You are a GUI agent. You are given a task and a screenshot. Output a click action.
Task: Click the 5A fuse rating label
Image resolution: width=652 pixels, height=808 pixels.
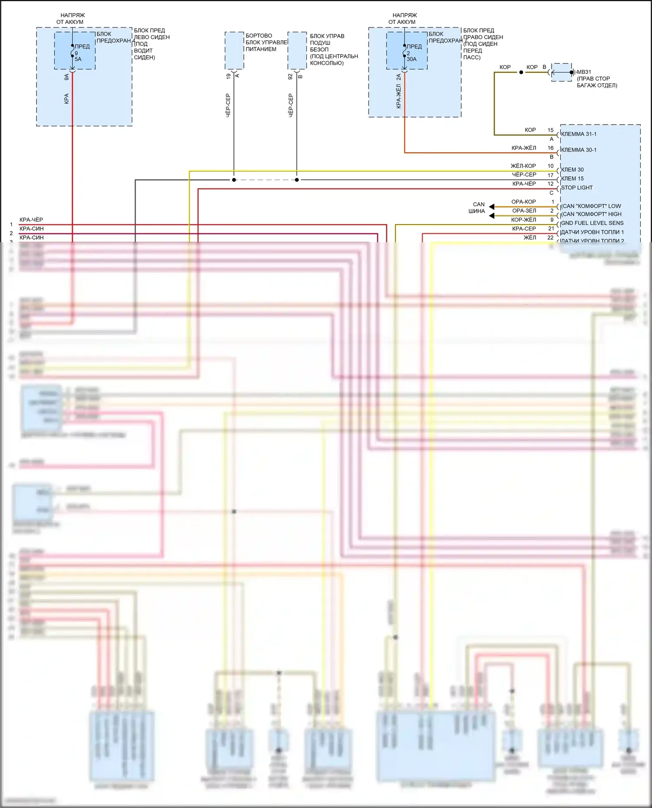pos(78,59)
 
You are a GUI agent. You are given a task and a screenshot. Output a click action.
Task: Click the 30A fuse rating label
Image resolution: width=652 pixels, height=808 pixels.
pos(412,59)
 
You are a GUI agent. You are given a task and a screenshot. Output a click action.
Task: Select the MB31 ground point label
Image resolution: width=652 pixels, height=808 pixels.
pos(584,72)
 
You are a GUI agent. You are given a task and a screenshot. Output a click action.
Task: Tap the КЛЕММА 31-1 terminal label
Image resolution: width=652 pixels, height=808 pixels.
pos(579,134)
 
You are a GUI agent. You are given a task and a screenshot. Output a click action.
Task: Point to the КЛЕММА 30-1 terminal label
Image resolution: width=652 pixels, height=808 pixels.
pos(579,150)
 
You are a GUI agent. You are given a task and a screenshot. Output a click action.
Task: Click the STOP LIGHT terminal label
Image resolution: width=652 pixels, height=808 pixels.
pos(577,188)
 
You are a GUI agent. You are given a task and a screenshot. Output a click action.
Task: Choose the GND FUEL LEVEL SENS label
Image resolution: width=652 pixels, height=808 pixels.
pos(592,223)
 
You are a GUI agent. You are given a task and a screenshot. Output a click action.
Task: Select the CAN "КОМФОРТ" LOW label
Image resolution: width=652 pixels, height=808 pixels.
pos(591,206)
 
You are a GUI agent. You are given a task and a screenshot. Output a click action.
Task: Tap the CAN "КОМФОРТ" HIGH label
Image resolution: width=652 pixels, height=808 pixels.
pos(591,214)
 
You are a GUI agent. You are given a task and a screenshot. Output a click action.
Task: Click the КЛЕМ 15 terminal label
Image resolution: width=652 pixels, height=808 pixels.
pos(572,179)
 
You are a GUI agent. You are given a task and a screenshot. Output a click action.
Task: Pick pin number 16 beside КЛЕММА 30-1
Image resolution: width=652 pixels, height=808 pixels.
pos(550,148)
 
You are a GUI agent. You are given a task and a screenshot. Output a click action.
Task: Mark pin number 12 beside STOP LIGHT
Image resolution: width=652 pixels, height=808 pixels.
pos(550,184)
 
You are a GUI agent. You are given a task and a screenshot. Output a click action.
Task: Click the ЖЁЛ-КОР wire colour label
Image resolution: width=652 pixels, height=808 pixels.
pos(523,166)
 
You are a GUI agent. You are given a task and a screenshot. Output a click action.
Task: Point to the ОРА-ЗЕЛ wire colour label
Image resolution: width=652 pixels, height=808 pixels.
pos(524,211)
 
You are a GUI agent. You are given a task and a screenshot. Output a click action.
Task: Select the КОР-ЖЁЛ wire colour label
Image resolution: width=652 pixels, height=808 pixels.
pos(524,220)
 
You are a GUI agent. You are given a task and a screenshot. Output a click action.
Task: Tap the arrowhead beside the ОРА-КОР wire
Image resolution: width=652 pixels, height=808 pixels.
pos(492,207)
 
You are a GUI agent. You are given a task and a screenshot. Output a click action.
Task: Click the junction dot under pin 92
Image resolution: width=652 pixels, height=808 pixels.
pos(297,180)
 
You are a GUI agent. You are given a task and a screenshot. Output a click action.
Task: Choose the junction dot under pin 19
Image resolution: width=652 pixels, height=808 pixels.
pos(234,180)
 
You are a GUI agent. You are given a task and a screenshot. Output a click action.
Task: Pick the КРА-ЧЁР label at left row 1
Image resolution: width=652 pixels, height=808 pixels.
pos(31,220)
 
